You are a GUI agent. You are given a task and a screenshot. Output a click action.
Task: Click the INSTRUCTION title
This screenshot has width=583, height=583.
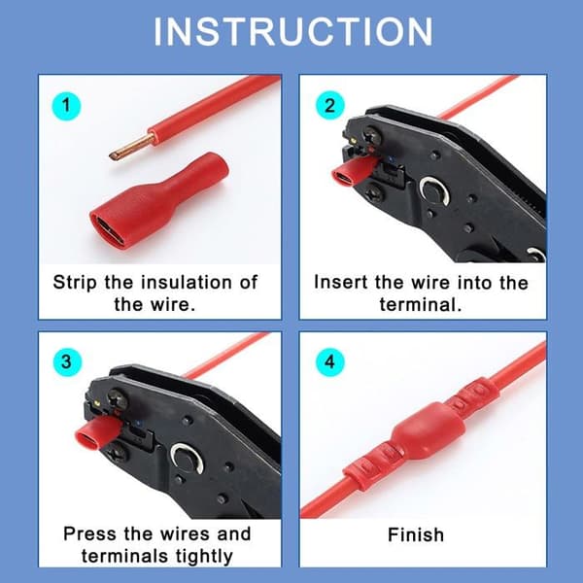[293, 32]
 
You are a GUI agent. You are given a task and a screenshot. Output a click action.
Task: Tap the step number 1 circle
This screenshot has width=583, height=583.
[66, 106]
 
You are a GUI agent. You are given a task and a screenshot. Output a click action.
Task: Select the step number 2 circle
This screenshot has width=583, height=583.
[329, 106]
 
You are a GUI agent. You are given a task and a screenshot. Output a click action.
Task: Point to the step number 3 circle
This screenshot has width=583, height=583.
[66, 361]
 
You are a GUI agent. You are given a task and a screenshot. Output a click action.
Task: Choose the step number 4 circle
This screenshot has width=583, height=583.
[329, 361]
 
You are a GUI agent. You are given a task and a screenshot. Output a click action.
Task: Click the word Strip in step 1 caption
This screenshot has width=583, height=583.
[75, 283]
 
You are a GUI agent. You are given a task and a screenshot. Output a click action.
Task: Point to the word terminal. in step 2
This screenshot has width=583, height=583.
[420, 305]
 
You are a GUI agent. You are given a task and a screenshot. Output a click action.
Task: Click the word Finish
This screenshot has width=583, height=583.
[416, 535]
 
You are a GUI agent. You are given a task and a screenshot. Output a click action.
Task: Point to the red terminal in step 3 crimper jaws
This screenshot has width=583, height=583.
[97, 431]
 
